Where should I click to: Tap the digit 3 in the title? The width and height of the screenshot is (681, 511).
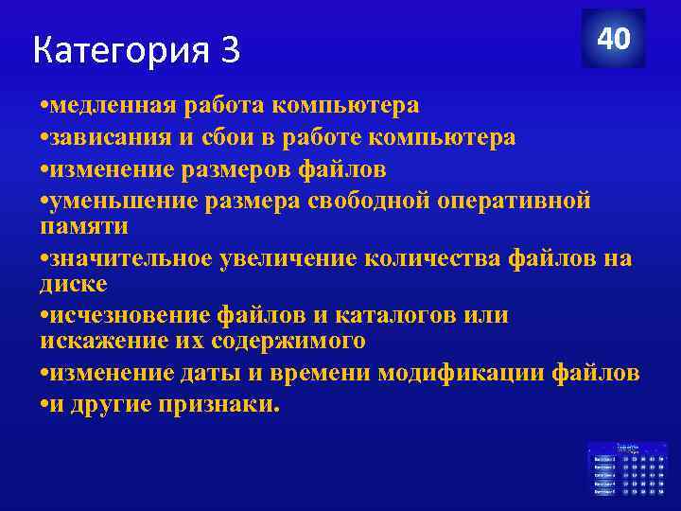tap(230, 50)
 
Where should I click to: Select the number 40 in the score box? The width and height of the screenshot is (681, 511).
tap(613, 39)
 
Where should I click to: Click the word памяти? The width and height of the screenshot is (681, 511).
tap(83, 226)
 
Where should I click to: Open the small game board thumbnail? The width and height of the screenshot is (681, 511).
tap(627, 467)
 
